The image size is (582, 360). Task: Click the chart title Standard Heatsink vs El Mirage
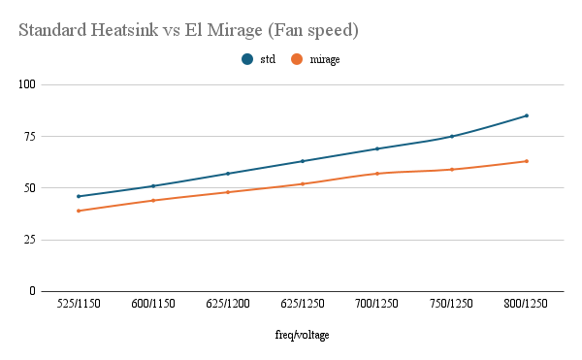pos(189,31)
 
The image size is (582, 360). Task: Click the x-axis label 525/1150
pos(79,304)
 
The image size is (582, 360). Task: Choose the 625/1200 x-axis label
pos(228,304)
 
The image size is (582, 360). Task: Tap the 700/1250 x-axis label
pos(377,304)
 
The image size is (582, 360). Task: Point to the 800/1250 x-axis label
pos(527,304)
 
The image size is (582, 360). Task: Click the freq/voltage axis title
pos(303,336)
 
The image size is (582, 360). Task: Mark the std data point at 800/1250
pos(527,115)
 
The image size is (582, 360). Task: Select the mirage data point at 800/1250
pos(527,161)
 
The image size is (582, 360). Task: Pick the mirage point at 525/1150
pos(79,211)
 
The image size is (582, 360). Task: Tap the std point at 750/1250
pos(452,136)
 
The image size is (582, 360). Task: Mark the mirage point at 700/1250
pos(377,174)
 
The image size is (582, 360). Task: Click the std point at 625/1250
pos(303,161)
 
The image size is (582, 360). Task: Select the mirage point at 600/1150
pos(153,200)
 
